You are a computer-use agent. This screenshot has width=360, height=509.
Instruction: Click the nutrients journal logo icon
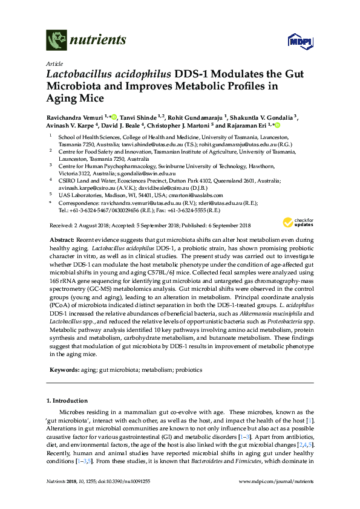pyautogui.click(x=57, y=41)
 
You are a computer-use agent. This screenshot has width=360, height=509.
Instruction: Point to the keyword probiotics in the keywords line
pyautogui.click(x=190, y=369)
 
